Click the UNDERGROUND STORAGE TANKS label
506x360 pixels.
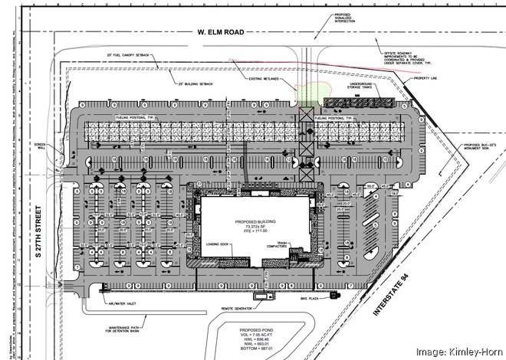coord(361,90)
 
